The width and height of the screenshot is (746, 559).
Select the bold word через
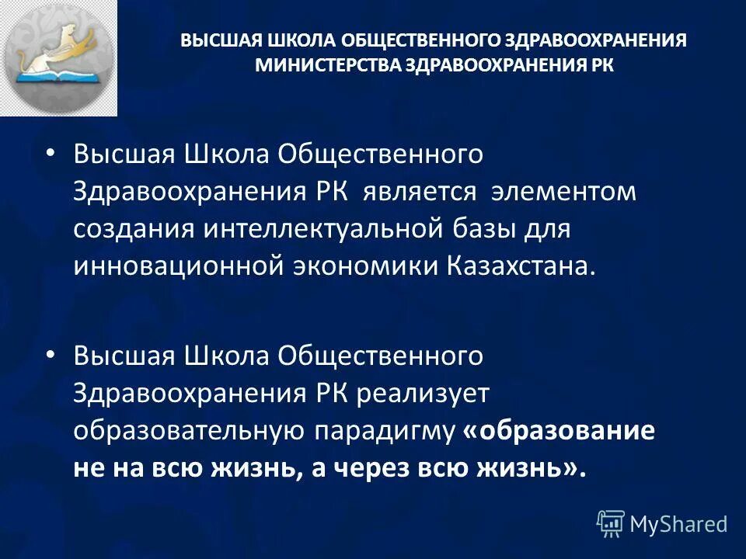tap(372, 468)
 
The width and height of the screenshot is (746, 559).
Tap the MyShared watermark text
tap(678, 524)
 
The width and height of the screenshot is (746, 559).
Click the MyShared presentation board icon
tap(611, 524)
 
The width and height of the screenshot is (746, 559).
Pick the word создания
tap(135, 229)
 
